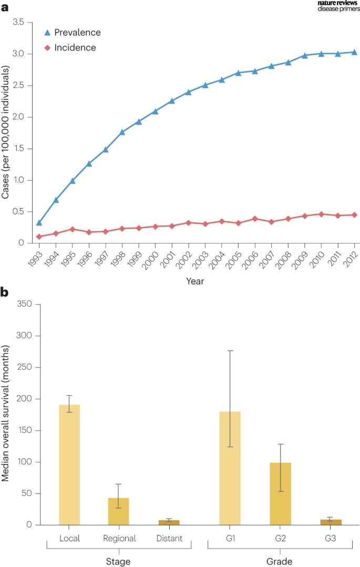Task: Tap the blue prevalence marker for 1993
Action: [39, 223]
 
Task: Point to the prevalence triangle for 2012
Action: [354, 52]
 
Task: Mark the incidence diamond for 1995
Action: [72, 229]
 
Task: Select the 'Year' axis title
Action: [195, 281]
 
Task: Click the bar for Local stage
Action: [69, 465]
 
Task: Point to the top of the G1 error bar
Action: [230, 350]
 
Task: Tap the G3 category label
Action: [331, 538]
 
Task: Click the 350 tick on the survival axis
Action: [25, 304]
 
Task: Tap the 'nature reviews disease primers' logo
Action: [338, 6]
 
